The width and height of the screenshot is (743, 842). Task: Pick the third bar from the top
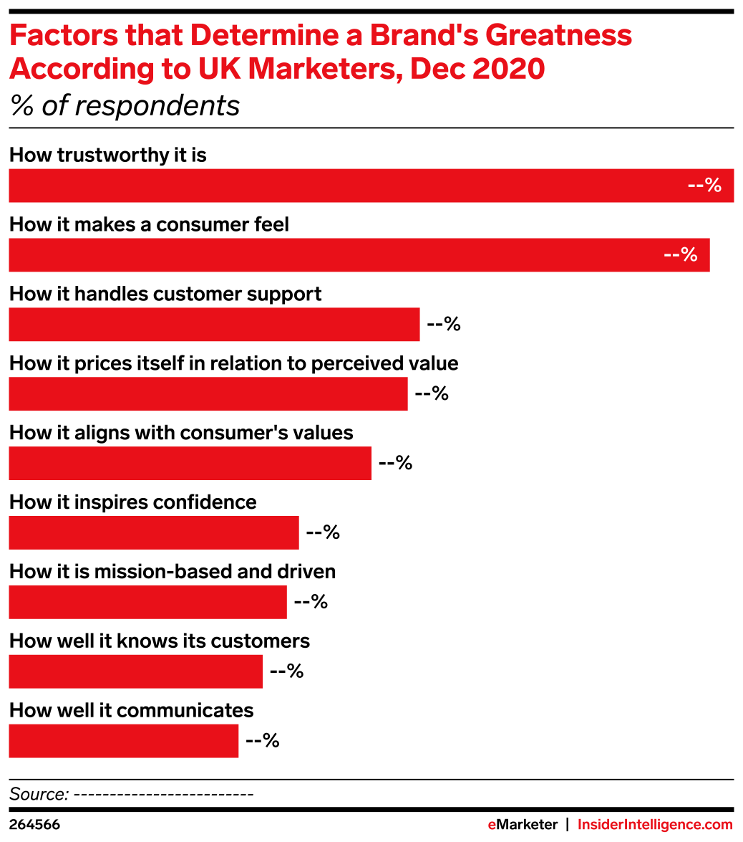tap(214, 325)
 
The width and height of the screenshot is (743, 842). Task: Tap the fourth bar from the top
tap(208, 394)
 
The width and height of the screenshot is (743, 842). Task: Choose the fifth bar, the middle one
tap(190, 463)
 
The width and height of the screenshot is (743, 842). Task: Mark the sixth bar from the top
tap(153, 532)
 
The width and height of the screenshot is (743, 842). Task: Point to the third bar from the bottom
tap(147, 602)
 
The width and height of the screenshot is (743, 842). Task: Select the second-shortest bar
tap(135, 671)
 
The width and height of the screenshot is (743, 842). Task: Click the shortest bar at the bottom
tap(123, 741)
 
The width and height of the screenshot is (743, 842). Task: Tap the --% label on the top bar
tap(704, 186)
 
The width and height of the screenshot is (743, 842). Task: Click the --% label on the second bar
tap(681, 255)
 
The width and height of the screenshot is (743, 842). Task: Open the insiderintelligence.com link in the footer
tap(655, 825)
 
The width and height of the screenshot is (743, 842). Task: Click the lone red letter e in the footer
tap(492, 826)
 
